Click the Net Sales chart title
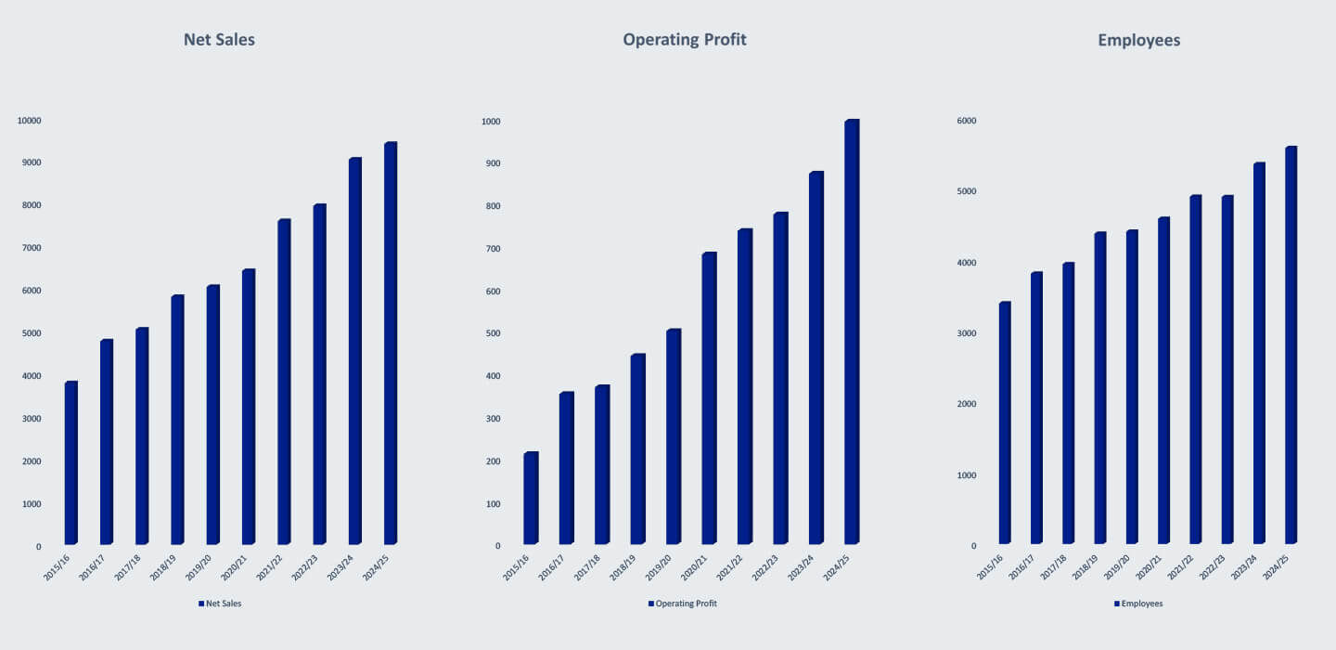tap(219, 40)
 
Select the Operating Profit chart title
tap(685, 40)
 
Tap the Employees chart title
tap(1138, 40)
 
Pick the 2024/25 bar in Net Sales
tap(391, 343)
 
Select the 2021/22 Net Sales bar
tap(284, 381)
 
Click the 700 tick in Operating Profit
tap(492, 249)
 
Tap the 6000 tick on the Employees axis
tap(966, 121)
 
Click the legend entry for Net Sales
tap(220, 604)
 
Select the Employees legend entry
tap(1138, 604)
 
